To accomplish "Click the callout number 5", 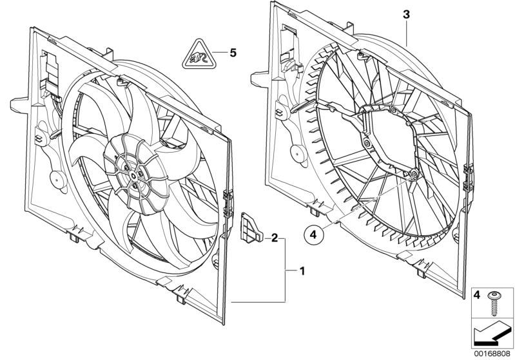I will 233,53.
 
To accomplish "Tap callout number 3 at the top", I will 406,14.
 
